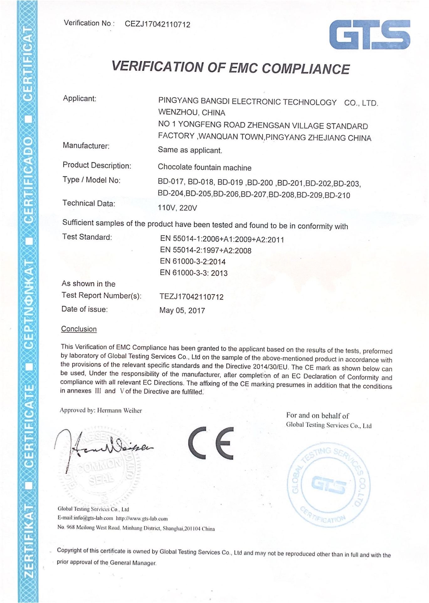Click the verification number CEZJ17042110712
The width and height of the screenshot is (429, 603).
[x=157, y=24]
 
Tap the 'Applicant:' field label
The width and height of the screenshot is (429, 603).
[x=80, y=98]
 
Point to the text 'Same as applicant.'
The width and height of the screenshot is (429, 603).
[x=190, y=150]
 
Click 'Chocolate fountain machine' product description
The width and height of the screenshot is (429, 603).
[x=204, y=167]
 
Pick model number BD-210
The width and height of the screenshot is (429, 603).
[x=337, y=195]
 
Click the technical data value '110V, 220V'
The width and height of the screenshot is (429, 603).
[x=177, y=208]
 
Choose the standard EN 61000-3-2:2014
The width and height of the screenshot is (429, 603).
[x=193, y=262]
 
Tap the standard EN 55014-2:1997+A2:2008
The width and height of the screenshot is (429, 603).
[x=205, y=250]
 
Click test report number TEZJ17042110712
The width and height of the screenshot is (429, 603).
[x=191, y=297]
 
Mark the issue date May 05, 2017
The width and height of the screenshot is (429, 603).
[x=182, y=311]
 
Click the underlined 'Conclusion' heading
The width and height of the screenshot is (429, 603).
[x=79, y=329]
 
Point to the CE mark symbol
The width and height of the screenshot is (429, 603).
[x=211, y=442]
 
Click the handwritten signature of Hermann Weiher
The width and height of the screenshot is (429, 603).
[x=103, y=446]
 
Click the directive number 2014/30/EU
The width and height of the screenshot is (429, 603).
[x=270, y=367]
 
